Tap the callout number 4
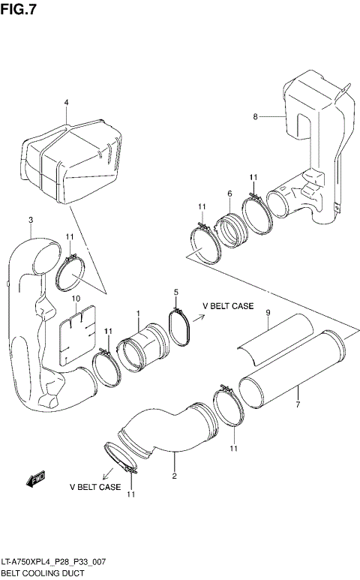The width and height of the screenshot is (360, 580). [66, 102]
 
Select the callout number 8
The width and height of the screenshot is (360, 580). [255, 116]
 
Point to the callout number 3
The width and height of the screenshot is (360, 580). [30, 220]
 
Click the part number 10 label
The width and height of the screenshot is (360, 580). [75, 299]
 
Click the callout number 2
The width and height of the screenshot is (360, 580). [174, 476]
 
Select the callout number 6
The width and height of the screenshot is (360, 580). [229, 193]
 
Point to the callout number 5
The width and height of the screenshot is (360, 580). [176, 292]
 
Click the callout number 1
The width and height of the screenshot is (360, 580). [138, 313]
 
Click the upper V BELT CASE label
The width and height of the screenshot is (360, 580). [228, 307]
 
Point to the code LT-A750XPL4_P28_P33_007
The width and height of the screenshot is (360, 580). [54, 562]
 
